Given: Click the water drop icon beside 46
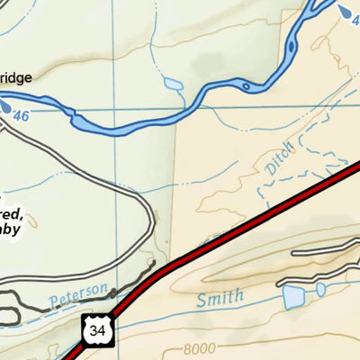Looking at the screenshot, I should click(9, 107).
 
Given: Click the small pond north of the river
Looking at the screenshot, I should click(171, 85).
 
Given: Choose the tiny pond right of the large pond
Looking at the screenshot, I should click(320, 289).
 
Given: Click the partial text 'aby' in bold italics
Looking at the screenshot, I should click(17, 229).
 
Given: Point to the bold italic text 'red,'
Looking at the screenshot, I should click(14, 213).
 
